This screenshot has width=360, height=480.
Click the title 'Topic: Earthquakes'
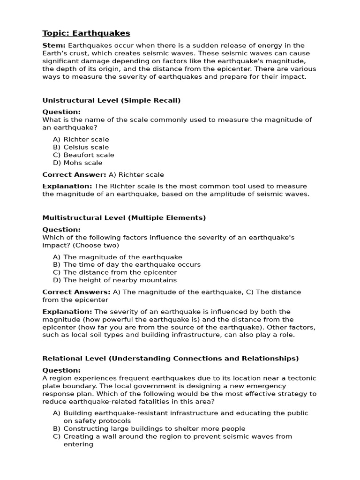[86, 33]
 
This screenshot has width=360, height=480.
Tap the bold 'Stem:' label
[54, 45]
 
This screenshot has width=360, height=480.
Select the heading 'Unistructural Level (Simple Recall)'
[111, 100]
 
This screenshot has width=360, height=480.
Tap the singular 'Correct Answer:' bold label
[74, 175]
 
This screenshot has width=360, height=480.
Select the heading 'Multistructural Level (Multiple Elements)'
[124, 218]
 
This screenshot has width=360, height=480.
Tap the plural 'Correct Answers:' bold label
[76, 292]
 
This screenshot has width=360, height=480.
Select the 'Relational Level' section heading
[170, 359]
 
